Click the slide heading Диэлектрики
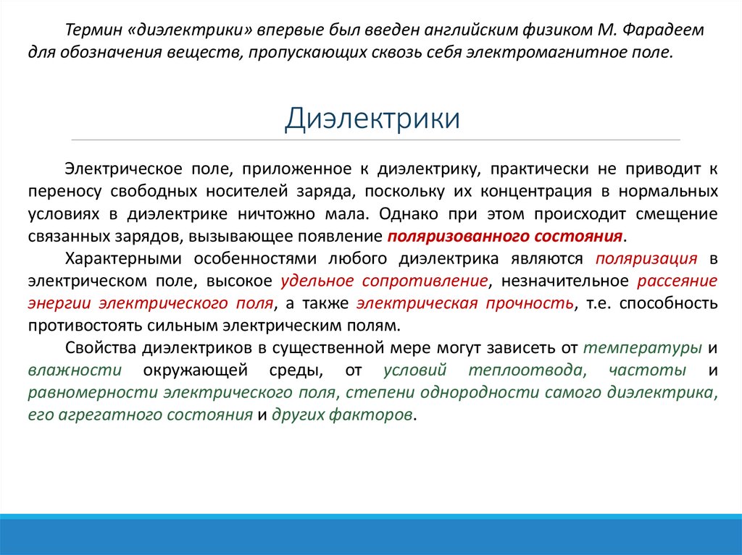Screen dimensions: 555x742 coord(372,118)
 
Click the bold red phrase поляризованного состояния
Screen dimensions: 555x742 coord(505,237)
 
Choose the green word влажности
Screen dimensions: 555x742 coord(75,370)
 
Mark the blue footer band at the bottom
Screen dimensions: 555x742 coord(371,535)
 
